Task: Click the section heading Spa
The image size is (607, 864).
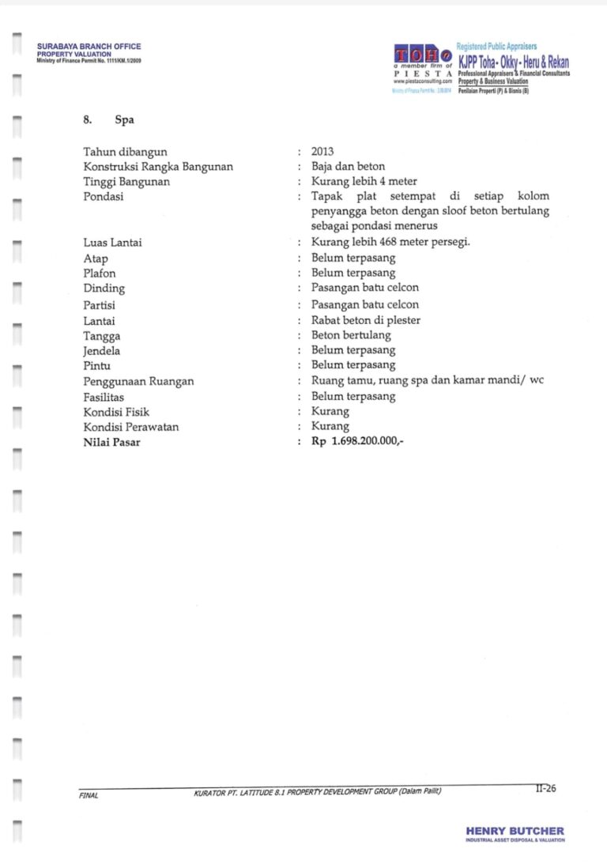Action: (x=124, y=120)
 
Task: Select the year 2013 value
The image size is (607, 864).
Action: (x=322, y=151)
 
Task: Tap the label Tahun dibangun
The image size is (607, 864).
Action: (x=125, y=151)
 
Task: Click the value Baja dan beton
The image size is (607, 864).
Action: (x=348, y=166)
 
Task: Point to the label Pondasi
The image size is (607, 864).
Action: (x=103, y=197)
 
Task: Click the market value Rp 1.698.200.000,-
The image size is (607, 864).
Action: (x=357, y=442)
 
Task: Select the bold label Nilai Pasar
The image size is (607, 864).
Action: (x=111, y=442)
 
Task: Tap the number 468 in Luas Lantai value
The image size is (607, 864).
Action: (x=388, y=243)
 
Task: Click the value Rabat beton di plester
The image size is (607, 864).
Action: (x=365, y=319)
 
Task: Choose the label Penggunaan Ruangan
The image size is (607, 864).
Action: (x=138, y=381)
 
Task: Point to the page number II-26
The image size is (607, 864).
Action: (x=545, y=787)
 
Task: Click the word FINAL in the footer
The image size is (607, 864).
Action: (x=89, y=795)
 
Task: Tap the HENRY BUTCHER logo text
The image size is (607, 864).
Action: (x=515, y=831)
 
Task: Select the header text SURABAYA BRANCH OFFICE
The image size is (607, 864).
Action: (x=89, y=47)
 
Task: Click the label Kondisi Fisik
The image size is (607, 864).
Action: (x=116, y=412)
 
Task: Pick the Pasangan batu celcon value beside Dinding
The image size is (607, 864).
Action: (x=364, y=289)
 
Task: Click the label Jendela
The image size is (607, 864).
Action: (x=102, y=350)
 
